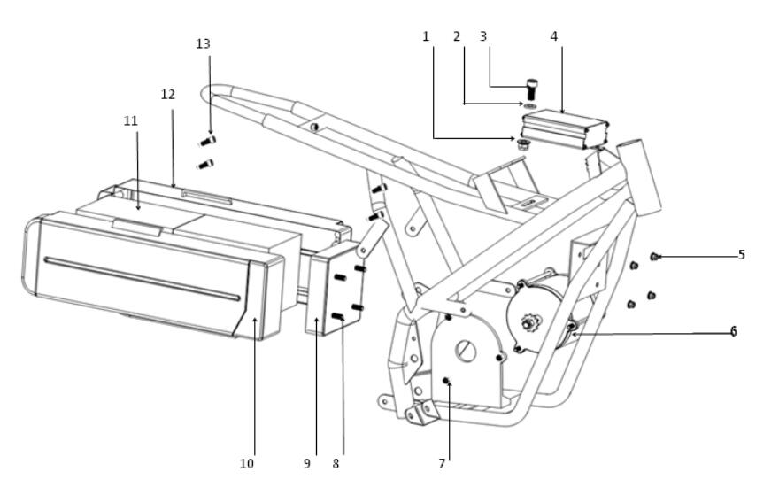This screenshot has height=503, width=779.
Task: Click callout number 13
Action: (x=204, y=43)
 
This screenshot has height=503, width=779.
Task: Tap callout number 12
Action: (x=168, y=95)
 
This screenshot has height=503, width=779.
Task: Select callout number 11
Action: (x=131, y=120)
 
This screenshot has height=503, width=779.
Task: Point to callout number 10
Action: (x=246, y=464)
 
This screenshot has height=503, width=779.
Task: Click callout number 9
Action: (x=307, y=464)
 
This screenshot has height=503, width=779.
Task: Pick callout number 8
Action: (x=336, y=464)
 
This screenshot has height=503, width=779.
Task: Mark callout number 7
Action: (x=442, y=464)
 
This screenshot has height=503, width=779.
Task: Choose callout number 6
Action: (x=733, y=331)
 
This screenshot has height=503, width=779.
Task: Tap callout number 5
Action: (x=741, y=255)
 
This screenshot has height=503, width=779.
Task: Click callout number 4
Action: (x=554, y=36)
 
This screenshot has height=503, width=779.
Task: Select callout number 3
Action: (x=483, y=36)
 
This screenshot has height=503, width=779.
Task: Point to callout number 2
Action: (x=457, y=36)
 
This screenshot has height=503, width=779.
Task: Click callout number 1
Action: (x=426, y=36)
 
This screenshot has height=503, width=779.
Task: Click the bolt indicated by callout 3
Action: (x=532, y=89)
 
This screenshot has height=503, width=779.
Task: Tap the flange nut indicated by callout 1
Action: (x=521, y=144)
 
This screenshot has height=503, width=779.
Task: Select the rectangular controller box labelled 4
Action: (x=565, y=129)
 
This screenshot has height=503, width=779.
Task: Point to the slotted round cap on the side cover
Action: (x=466, y=352)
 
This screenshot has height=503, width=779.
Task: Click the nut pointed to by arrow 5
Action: (x=654, y=257)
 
